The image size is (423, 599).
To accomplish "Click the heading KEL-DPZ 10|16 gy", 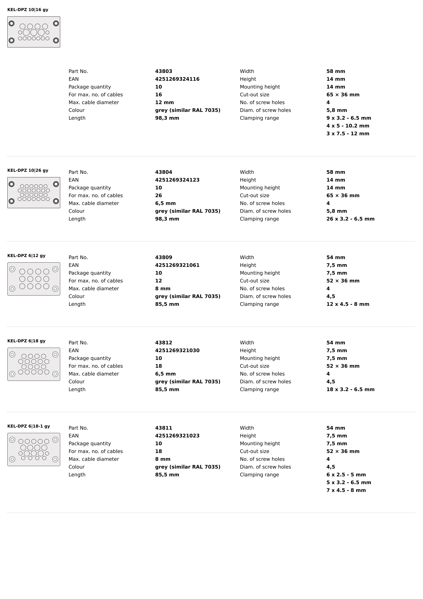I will pyautogui.click(x=28, y=10).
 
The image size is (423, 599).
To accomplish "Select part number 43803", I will pyautogui.click(x=163, y=71).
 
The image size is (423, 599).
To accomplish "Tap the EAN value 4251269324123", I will pyautogui.click(x=177, y=180).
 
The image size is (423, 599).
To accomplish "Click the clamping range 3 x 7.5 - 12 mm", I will pyautogui.click(x=348, y=134).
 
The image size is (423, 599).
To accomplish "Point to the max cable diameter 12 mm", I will pyautogui.click(x=164, y=102).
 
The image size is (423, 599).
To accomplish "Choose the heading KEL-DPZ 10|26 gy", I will pyautogui.click(x=28, y=170).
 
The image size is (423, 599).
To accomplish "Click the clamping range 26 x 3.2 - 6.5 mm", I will pyautogui.click(x=350, y=219).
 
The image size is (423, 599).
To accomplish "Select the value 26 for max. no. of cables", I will pyautogui.click(x=158, y=195).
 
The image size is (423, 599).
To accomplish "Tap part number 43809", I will pyautogui.click(x=163, y=257).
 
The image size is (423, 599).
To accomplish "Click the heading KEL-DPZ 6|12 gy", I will pyautogui.click(x=26, y=256).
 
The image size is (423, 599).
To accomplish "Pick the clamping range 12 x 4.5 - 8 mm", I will pyautogui.click(x=348, y=304).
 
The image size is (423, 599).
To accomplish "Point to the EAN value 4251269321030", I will pyautogui.click(x=177, y=350).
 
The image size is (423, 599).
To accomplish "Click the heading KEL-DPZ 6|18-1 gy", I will pyautogui.click(x=29, y=426).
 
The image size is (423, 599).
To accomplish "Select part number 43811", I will pyautogui.click(x=163, y=428).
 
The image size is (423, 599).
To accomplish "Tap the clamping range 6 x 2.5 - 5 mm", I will pyautogui.click(x=346, y=475).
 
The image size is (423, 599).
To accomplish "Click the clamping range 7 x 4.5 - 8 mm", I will pyautogui.click(x=346, y=490).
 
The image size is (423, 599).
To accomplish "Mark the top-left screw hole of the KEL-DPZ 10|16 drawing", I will pyautogui.click(x=11, y=23).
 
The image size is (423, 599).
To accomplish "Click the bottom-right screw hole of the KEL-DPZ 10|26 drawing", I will pyautogui.click(x=56, y=201).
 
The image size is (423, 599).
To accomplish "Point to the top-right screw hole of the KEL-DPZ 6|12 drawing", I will pyautogui.click(x=55, y=269).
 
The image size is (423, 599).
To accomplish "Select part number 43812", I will pyautogui.click(x=163, y=343).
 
